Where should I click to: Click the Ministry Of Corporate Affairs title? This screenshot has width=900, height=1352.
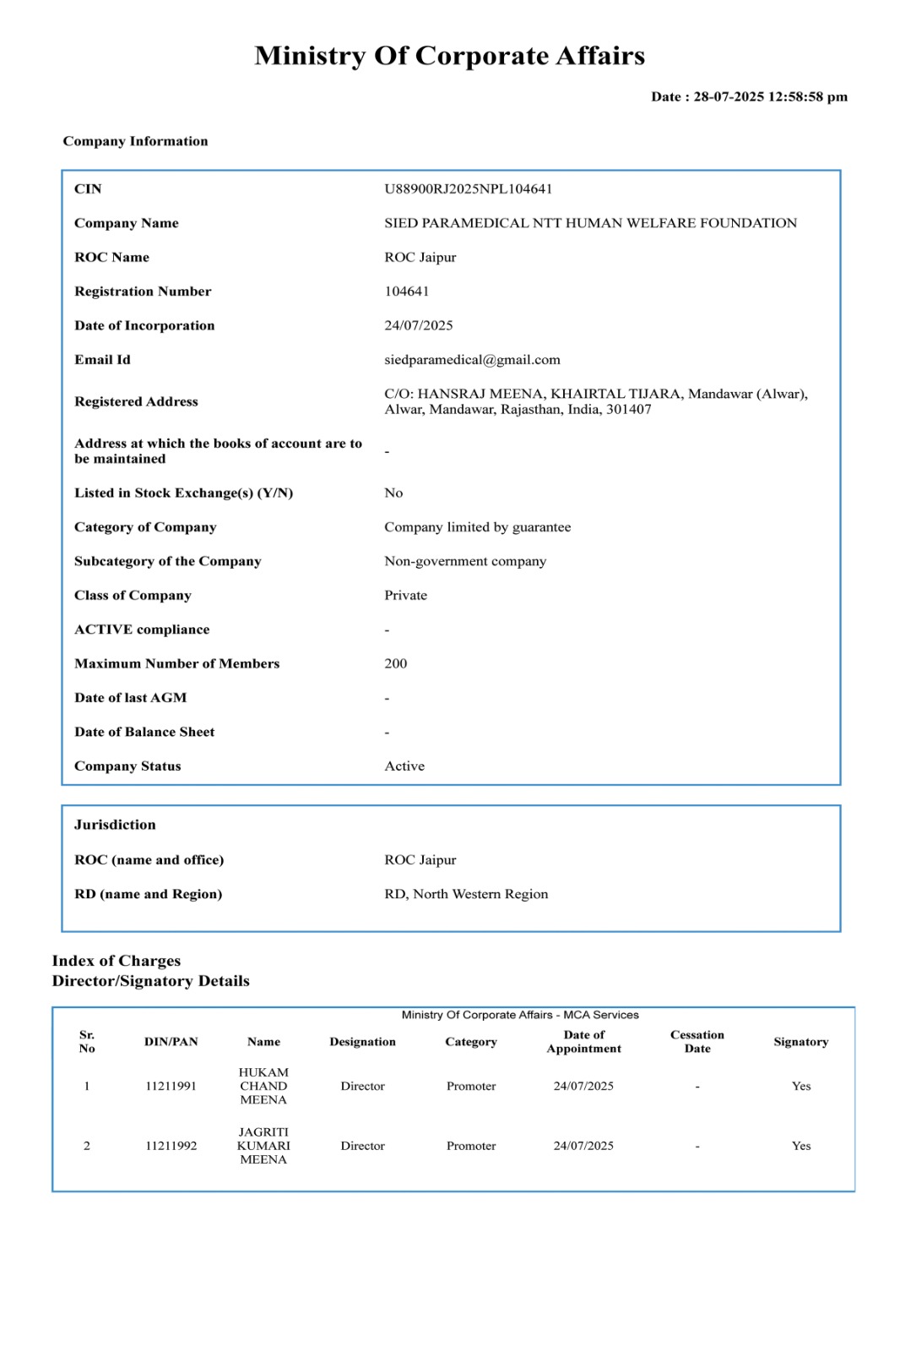[449, 56]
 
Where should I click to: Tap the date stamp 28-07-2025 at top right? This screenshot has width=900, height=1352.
[749, 96]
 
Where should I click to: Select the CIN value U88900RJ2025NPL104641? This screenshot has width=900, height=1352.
[468, 188]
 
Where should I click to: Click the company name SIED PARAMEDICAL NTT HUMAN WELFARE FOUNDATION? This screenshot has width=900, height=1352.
[590, 223]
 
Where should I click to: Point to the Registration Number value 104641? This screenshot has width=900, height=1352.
[406, 292]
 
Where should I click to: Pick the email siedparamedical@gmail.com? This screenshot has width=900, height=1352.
[472, 360]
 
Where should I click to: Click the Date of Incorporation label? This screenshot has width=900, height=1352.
[144, 325]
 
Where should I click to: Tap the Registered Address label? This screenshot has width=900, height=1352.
[136, 401]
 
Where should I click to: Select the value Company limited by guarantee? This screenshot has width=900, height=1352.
[477, 527]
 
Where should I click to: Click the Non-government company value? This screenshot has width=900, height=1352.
[465, 561]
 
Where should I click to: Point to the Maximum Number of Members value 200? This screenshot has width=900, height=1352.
[395, 663]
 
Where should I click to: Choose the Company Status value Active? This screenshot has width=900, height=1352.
[404, 766]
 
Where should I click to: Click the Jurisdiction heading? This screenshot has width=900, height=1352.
[115, 825]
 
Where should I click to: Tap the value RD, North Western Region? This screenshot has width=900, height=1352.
[466, 894]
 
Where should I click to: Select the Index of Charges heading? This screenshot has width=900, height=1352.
[117, 961]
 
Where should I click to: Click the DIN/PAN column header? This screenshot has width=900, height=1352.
[171, 1042]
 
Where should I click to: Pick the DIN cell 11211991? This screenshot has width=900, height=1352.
[171, 1086]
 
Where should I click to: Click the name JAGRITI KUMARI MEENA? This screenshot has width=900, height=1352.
[263, 1146]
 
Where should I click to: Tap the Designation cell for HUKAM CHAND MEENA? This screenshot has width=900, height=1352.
[362, 1086]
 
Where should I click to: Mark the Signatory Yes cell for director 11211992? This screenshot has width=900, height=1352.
[800, 1146]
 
